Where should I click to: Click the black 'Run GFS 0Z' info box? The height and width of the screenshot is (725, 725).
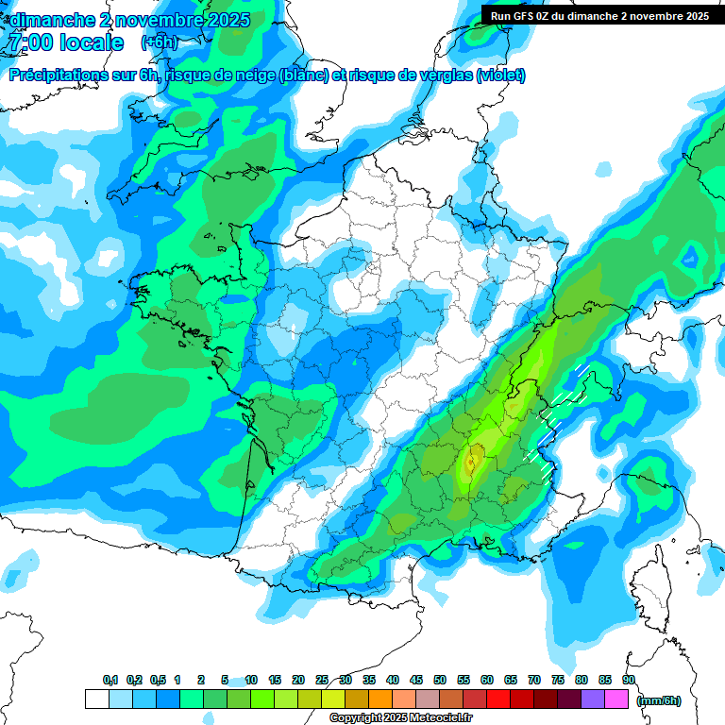pos(598,15)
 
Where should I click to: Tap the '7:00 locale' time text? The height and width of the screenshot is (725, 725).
pos(65,42)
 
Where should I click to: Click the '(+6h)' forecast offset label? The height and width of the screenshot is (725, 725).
pos(160,42)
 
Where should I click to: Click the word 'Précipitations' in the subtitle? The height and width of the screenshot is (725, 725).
pos(59,76)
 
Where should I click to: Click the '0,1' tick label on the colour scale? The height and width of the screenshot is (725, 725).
pos(110,681)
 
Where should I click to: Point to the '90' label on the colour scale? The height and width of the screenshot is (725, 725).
pos(628,681)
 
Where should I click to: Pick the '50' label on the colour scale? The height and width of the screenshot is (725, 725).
pos(440,681)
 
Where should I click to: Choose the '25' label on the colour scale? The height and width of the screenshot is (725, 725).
pos(322,681)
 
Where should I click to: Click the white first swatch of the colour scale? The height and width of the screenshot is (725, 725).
pos(96,700)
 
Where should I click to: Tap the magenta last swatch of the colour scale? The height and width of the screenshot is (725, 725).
pos(616,700)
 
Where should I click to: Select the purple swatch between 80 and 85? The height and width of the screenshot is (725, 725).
pos(593,700)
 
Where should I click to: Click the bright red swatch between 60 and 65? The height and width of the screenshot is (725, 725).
pos(498,700)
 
